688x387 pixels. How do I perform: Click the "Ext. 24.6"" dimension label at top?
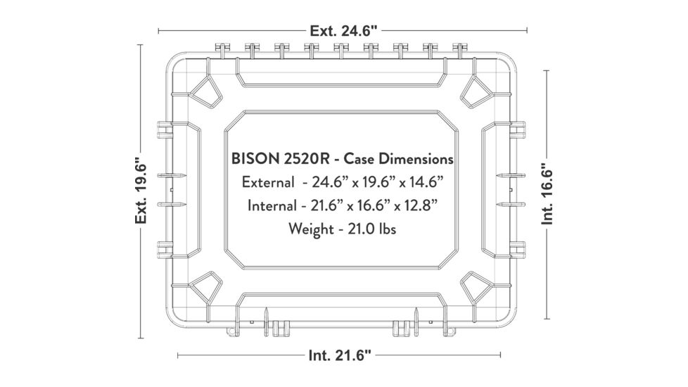(343, 30)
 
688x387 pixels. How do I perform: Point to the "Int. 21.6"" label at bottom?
(339, 355)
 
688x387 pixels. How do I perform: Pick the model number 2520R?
(302, 159)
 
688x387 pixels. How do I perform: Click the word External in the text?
(268, 182)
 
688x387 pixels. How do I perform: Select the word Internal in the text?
(273, 205)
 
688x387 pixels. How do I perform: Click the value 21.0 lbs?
(371, 229)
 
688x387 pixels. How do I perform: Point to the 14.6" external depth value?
(424, 182)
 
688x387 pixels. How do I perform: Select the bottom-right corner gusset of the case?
(478, 288)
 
